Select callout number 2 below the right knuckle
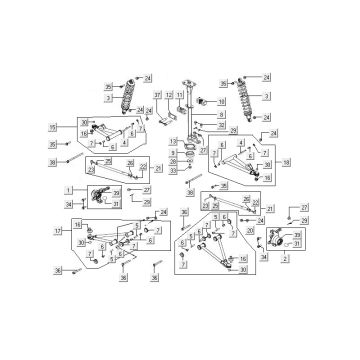pyautogui.click(x=287, y=258)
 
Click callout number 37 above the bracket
pyautogui.click(x=158, y=95)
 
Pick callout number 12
pyautogui.click(x=170, y=95)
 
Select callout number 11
pyautogui.click(x=180, y=95)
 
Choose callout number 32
pyautogui.click(x=207, y=126)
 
